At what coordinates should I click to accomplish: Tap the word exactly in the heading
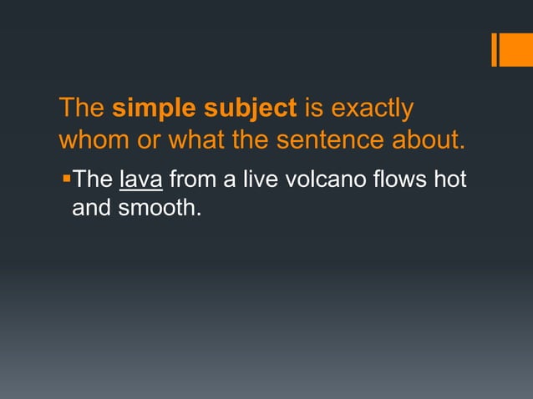pos(372,109)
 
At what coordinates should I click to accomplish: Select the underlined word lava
pos(141,179)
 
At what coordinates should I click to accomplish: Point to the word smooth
pos(160,207)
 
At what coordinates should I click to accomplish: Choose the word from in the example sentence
pos(193,179)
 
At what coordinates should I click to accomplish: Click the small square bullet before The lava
pos(65,178)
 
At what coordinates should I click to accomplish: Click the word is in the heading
pos(313,109)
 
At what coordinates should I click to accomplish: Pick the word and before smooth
pos(92,207)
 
